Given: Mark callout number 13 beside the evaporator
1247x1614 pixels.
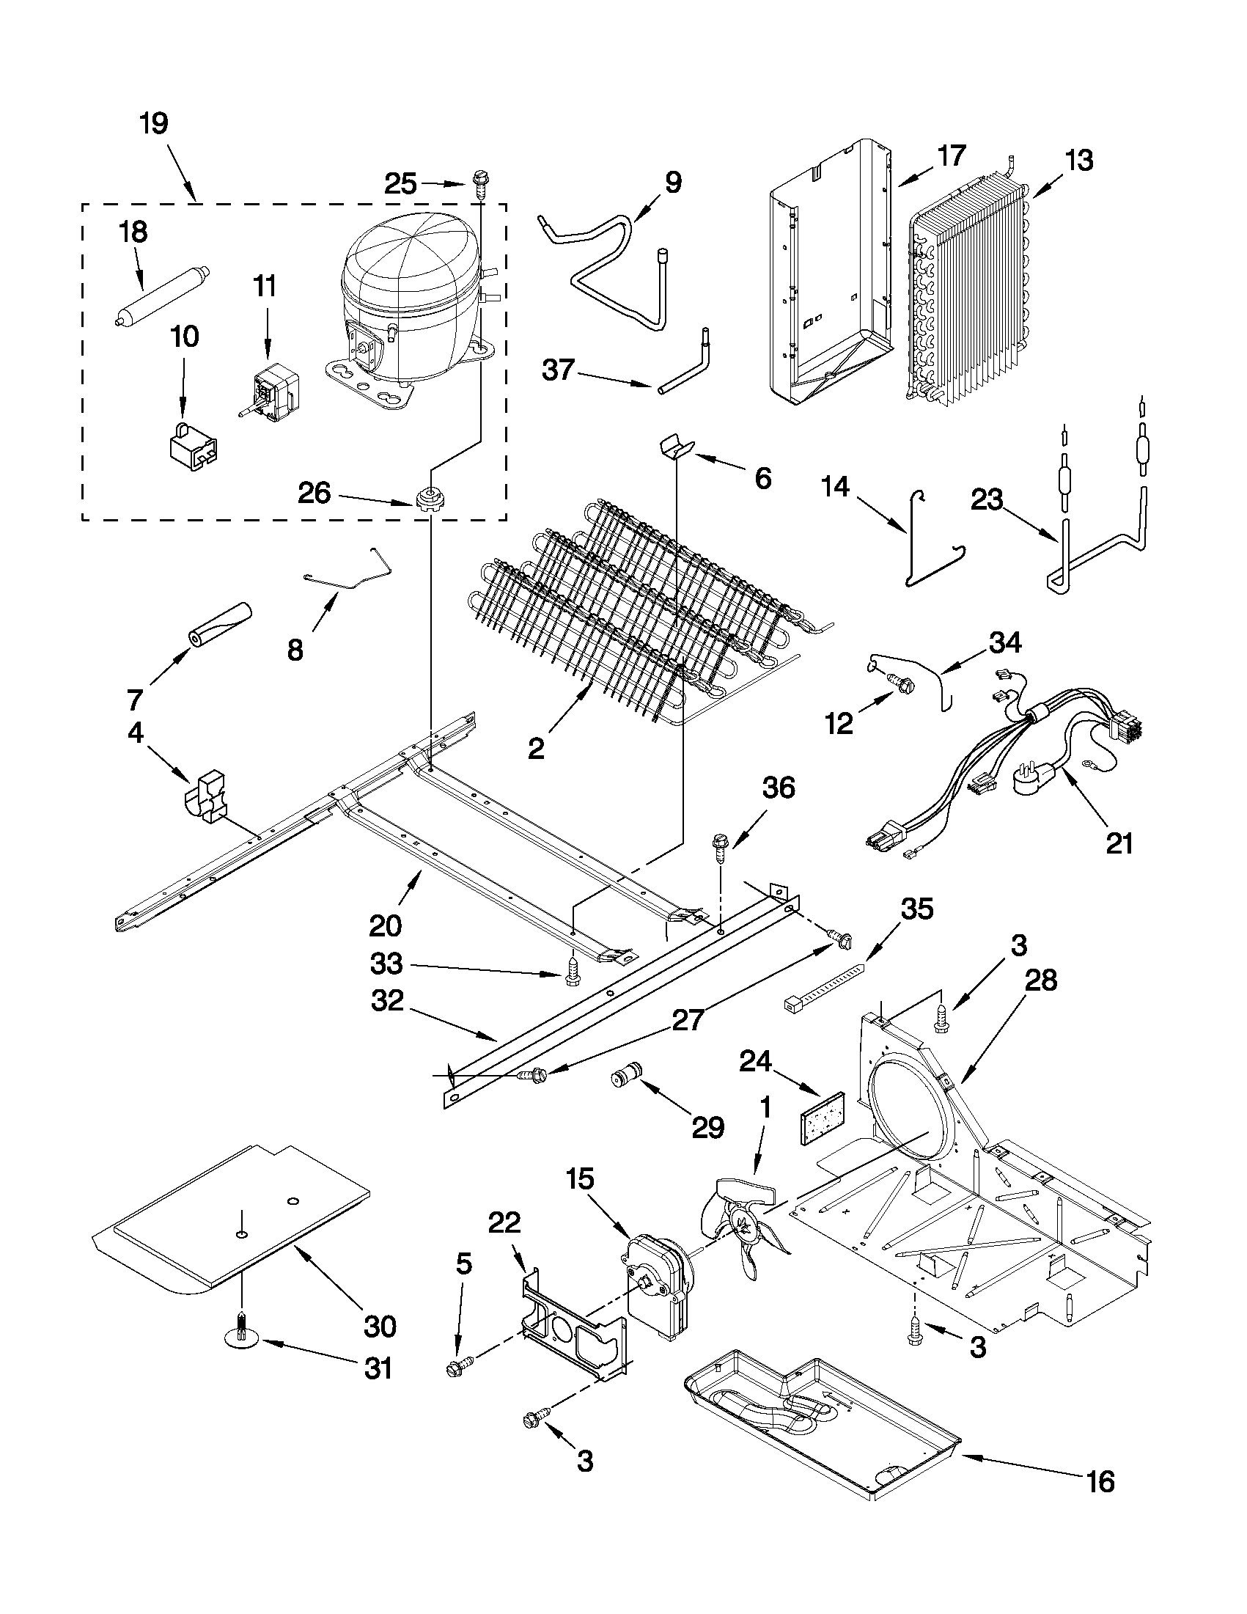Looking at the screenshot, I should click(1079, 161).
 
